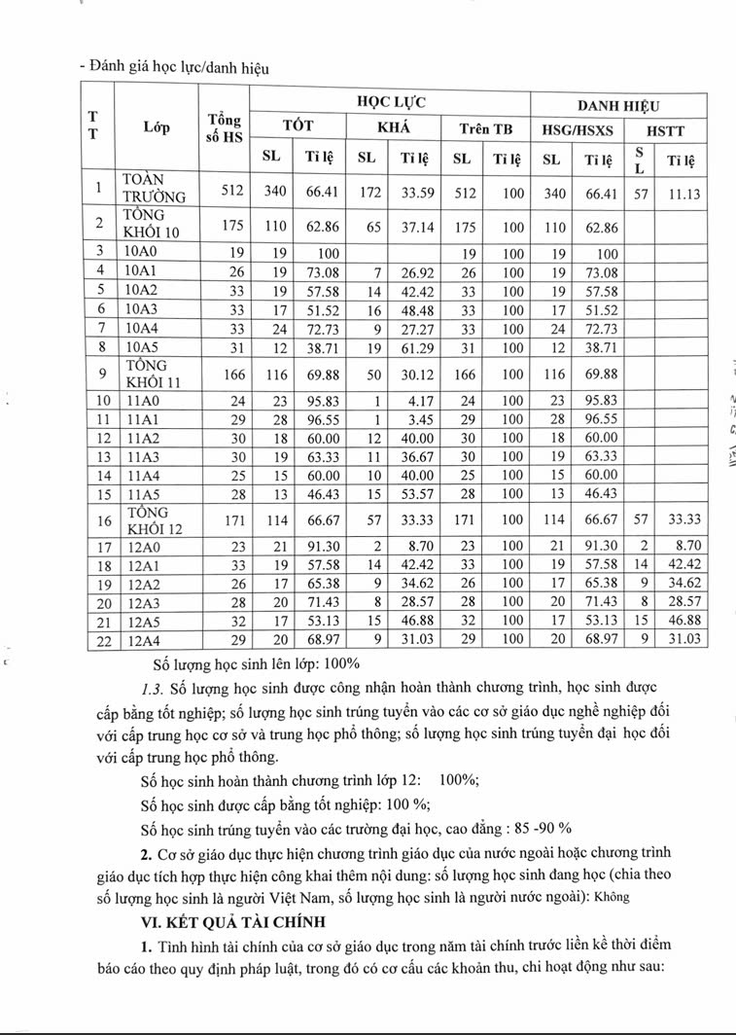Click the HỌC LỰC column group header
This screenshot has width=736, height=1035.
pyautogui.click(x=389, y=101)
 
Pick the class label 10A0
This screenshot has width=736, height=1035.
pyautogui.click(x=141, y=250)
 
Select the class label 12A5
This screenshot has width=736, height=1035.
pyautogui.click(x=141, y=620)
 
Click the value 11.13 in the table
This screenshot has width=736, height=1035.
pyautogui.click(x=684, y=193)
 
